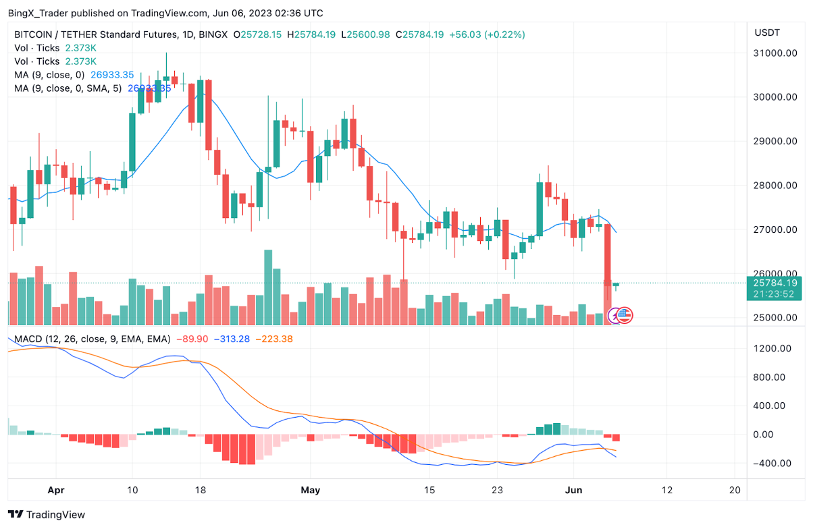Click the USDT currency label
(x=767, y=32)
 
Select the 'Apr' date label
(x=57, y=490)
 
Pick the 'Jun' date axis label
(x=572, y=490)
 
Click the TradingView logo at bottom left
(x=47, y=515)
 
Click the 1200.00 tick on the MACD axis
(x=772, y=348)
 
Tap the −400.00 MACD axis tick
(x=772, y=463)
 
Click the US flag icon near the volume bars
(x=625, y=314)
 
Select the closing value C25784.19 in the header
(x=419, y=34)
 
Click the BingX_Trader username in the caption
(x=37, y=13)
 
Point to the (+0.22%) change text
(x=502, y=34)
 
